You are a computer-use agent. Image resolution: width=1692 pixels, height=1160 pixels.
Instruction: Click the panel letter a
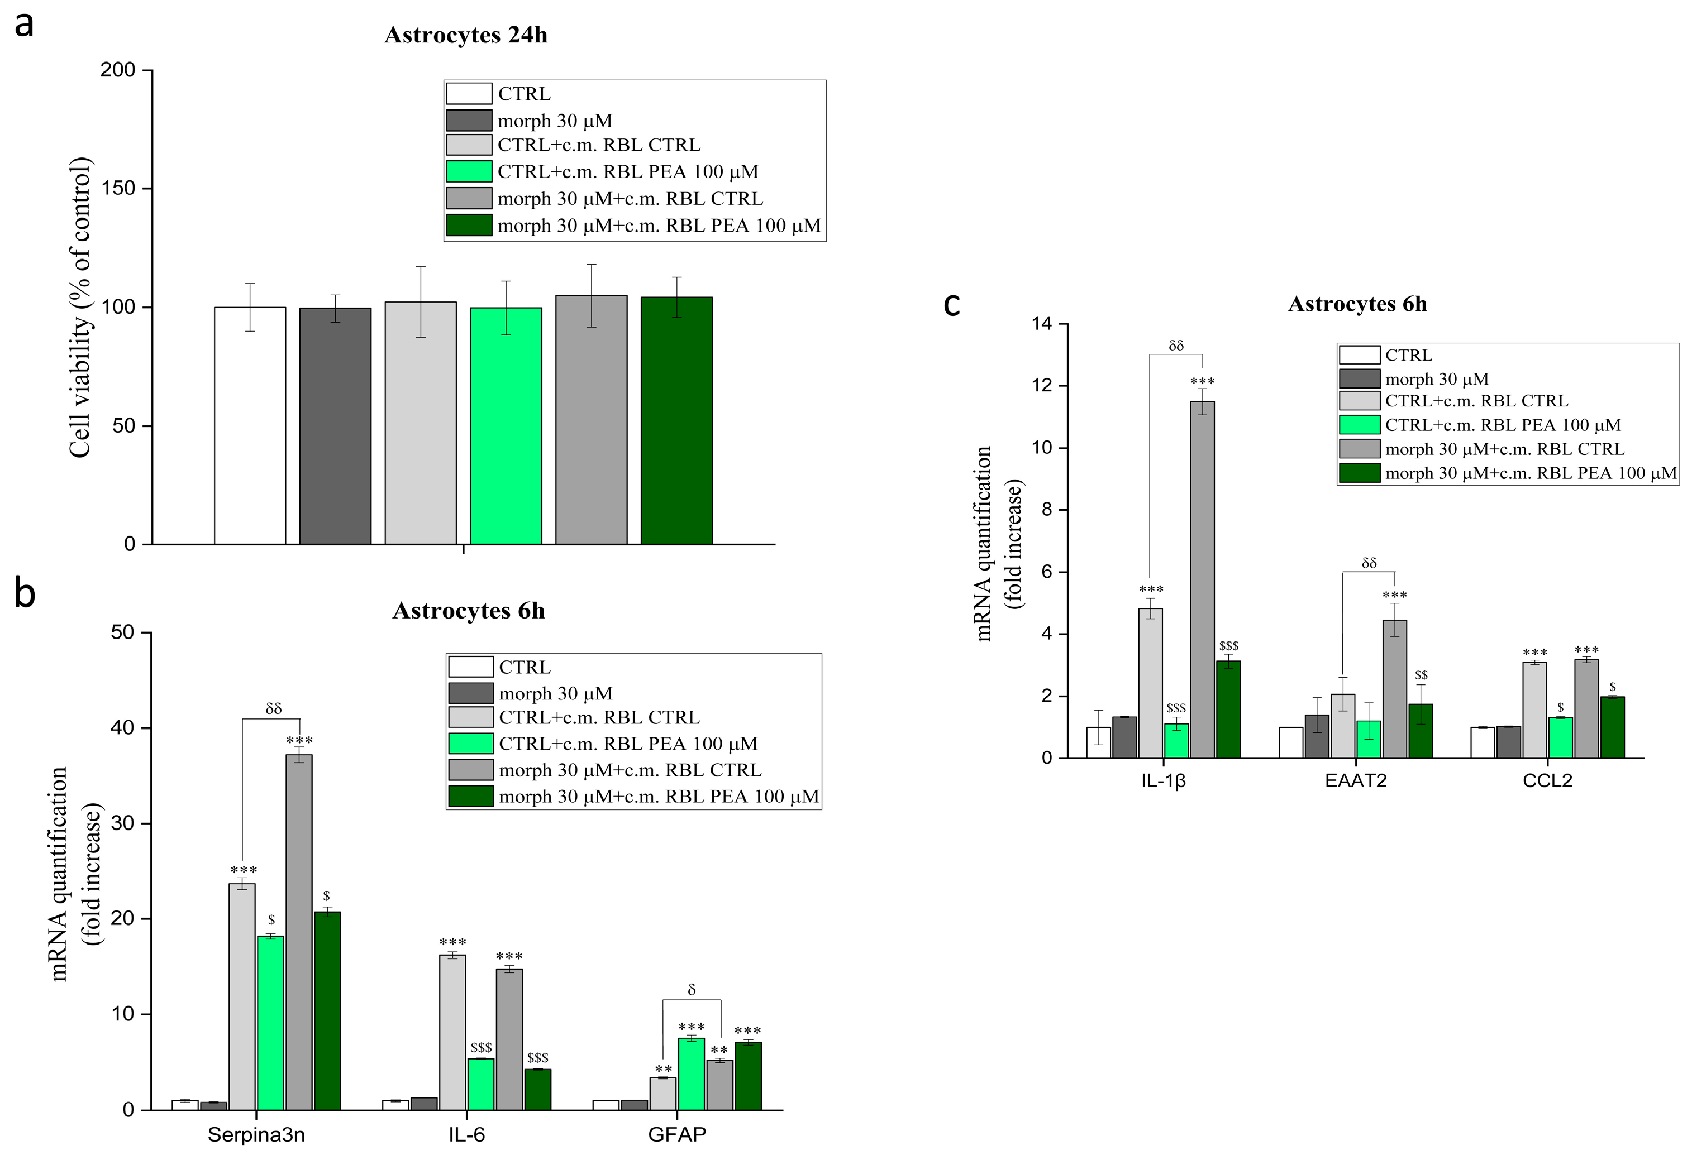24,25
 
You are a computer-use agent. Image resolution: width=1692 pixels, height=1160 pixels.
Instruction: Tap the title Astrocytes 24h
465,35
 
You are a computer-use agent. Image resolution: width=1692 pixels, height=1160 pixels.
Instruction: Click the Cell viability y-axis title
80,307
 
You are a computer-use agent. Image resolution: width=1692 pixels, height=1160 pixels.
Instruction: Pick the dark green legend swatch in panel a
469,226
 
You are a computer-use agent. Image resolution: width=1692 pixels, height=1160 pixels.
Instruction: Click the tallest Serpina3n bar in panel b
298,932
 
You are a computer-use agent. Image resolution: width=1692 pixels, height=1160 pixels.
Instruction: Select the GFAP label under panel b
676,1135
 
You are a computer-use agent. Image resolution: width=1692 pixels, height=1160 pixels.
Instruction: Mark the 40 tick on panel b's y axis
122,728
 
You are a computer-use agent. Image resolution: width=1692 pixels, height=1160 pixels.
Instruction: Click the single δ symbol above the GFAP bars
691,990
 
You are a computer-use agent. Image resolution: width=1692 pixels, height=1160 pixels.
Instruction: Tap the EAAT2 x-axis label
1356,781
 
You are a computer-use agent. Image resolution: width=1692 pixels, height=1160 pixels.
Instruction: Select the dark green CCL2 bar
1613,728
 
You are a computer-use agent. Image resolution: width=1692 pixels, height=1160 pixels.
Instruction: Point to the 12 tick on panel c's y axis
1042,386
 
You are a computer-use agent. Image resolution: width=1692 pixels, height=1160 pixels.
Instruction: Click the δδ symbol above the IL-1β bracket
1176,346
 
